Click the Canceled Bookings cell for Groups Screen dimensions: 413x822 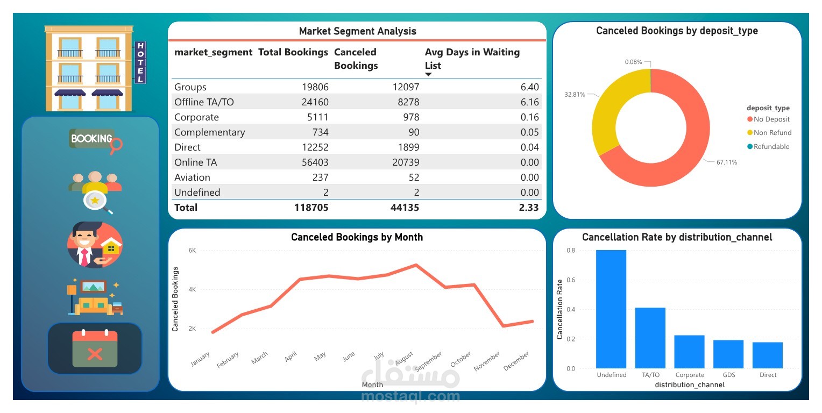[403, 87]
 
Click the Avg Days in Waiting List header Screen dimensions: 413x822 [472, 59]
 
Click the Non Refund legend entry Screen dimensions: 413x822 [772, 133]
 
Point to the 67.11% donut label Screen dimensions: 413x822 [726, 162]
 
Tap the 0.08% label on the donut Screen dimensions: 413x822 [633, 62]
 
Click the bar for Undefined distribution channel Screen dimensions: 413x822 [611, 309]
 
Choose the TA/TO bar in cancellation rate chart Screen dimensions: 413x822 [650, 338]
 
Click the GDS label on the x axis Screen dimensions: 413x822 [728, 375]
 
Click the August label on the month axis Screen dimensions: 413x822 [403, 357]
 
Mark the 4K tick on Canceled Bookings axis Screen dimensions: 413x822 [192, 289]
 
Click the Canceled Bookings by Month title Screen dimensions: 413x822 [357, 237]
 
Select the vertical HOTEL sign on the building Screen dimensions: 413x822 [140, 62]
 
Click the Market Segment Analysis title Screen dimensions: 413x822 [357, 31]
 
